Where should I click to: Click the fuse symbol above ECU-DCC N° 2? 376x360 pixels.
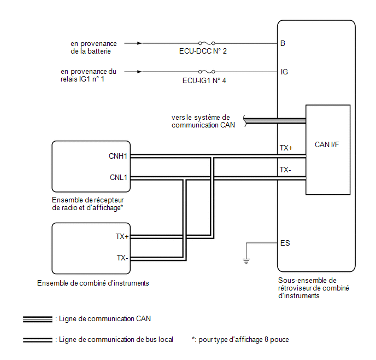(x=207, y=43)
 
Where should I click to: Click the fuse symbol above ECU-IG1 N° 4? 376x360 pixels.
(x=207, y=72)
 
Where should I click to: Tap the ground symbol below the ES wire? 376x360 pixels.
(x=246, y=261)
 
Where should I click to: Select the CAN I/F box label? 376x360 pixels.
(x=327, y=144)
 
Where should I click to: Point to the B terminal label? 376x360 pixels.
(x=283, y=43)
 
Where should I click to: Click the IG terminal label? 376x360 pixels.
(x=284, y=72)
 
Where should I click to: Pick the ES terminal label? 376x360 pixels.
(x=285, y=243)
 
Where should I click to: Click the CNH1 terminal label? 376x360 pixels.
(x=117, y=156)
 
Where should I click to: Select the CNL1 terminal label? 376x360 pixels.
(x=118, y=177)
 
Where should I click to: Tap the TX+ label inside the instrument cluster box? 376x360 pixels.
(x=122, y=236)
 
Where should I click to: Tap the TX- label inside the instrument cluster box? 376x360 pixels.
(x=122, y=258)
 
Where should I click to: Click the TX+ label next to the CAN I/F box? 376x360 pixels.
(x=286, y=148)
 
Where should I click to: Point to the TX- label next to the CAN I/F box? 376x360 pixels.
(x=285, y=170)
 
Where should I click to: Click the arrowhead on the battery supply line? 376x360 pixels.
(x=139, y=43)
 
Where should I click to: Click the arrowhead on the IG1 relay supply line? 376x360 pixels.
(x=139, y=72)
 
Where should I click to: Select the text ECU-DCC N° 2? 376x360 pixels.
(x=203, y=51)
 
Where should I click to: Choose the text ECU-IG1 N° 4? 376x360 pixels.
(x=204, y=80)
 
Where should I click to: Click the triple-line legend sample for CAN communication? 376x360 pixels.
(x=38, y=319)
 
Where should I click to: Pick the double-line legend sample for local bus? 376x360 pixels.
(x=38, y=340)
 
